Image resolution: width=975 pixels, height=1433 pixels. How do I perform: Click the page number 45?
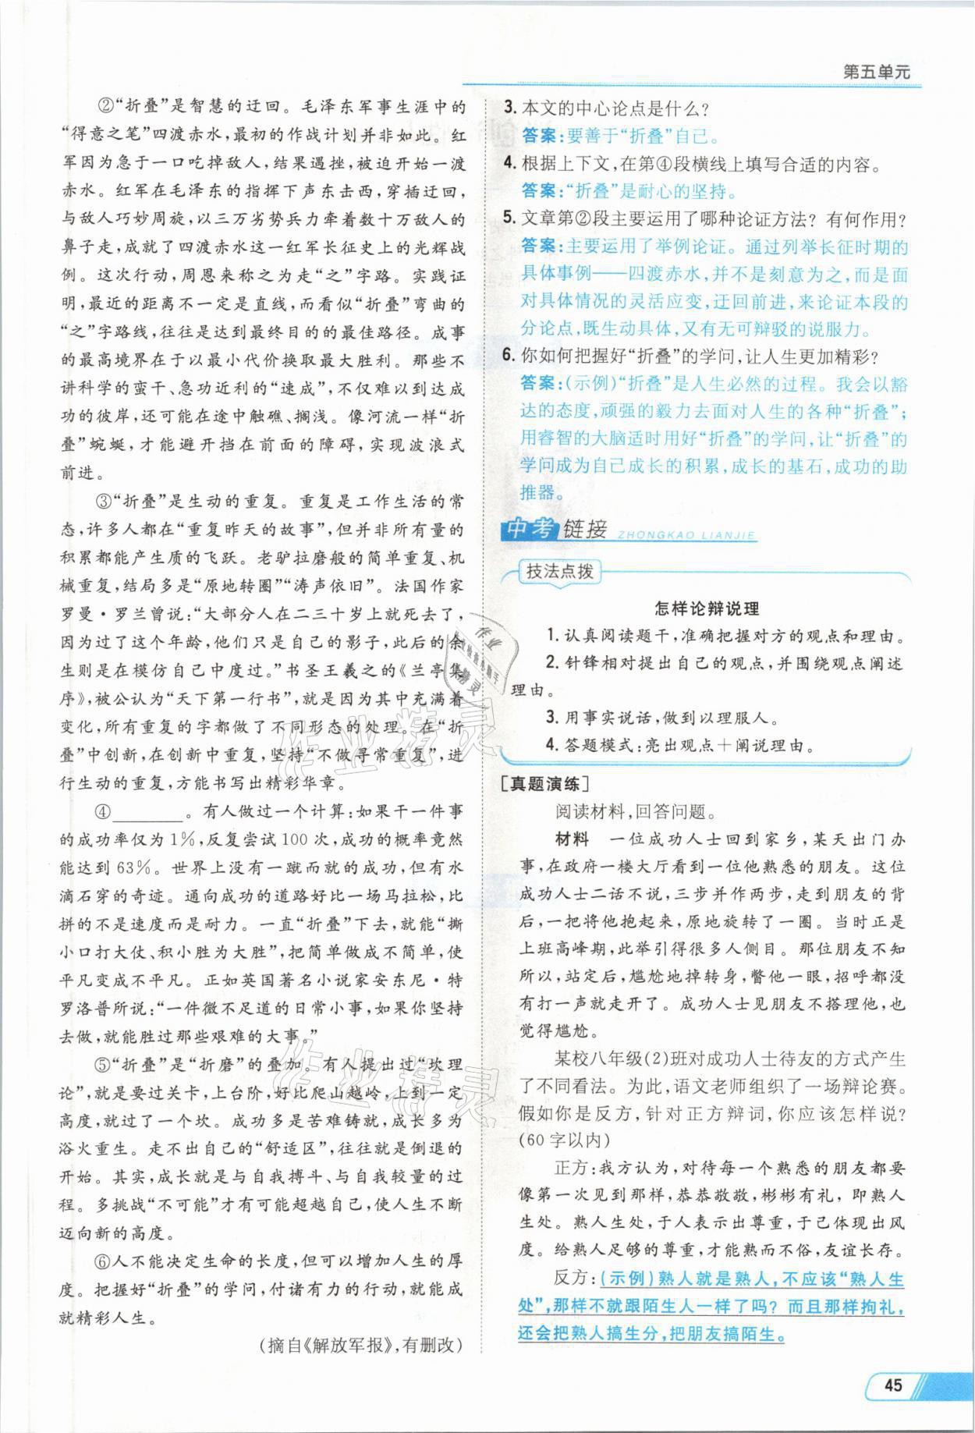click(x=892, y=1385)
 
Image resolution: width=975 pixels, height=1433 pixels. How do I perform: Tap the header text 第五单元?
click(x=877, y=72)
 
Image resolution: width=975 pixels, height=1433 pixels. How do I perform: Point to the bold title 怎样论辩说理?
click(x=707, y=608)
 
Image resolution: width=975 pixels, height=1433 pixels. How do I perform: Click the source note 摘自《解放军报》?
click(x=360, y=1344)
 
